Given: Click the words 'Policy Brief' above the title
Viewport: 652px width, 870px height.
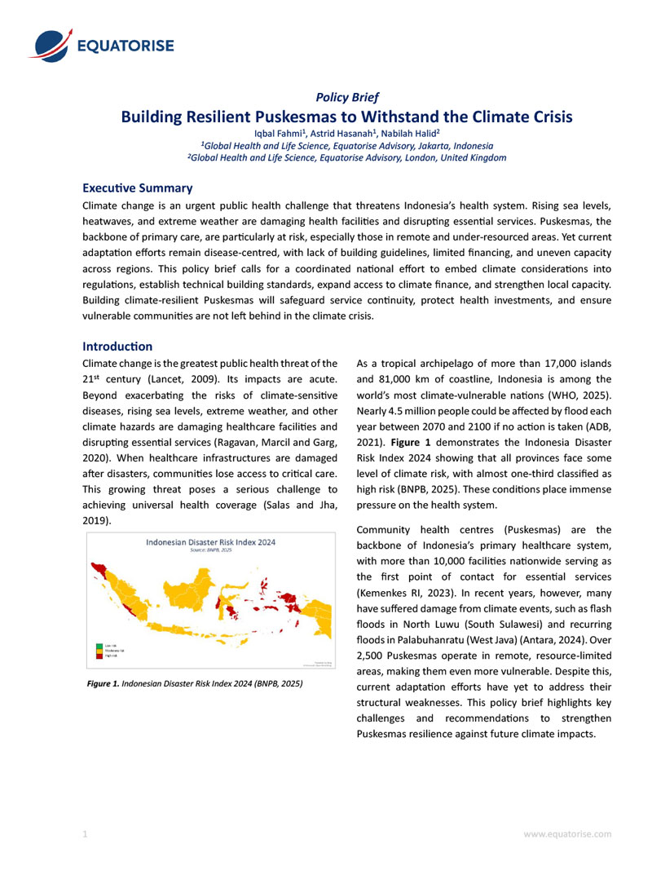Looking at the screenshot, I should (346, 97).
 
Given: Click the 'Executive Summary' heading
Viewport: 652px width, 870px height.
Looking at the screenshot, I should (138, 188).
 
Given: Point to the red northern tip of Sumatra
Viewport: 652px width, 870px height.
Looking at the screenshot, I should (98, 566).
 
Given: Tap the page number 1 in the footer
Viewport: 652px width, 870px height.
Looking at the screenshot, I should (85, 834).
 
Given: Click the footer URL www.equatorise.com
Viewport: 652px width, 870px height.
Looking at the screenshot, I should (567, 834).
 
